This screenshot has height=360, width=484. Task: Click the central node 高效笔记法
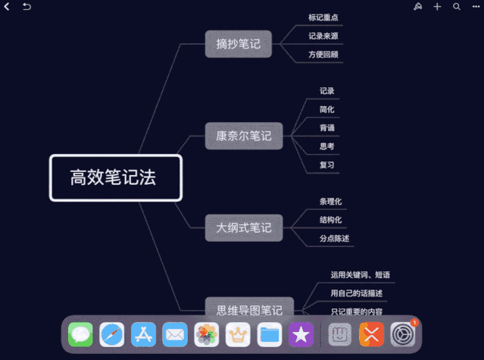coord(115,178)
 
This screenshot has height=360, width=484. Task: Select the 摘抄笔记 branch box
coord(238,44)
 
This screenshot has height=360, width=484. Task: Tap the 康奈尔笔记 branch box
coord(243,136)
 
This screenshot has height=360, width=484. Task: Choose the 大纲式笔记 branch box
coord(243,227)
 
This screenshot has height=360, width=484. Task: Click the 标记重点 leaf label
coord(323,17)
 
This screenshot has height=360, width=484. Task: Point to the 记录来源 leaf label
coord(323,36)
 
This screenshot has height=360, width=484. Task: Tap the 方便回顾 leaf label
coord(323,55)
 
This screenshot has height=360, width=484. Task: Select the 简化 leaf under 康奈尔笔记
coord(327,109)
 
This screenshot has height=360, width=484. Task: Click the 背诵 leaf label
coord(327,127)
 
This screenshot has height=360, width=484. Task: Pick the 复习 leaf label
coord(327,164)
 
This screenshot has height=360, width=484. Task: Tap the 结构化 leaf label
coord(331,220)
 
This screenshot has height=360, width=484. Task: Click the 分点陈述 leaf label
coord(335,239)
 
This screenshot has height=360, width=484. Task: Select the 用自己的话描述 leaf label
coord(357,293)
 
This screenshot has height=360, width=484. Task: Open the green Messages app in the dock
coord(80,333)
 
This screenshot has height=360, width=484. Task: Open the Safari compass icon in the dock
coord(112,333)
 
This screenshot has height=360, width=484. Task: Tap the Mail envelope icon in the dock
coord(175,333)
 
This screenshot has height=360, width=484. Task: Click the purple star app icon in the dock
coord(301,333)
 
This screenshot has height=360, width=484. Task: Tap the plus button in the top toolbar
coord(437,7)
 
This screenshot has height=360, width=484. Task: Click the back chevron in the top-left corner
coord(8,7)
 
